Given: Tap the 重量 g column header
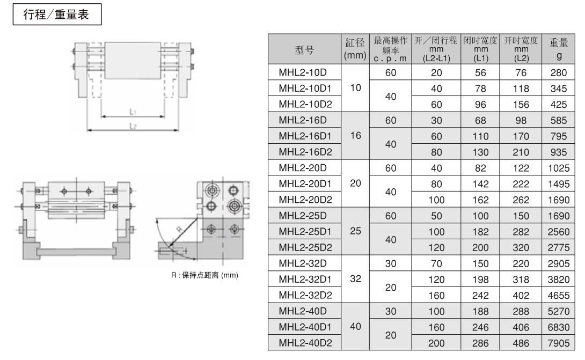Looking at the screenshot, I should click(556, 50).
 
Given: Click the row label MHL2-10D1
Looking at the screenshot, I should click(303, 87).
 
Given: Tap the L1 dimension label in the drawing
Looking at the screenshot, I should click(132, 112).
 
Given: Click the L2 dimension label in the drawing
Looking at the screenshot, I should click(132, 126).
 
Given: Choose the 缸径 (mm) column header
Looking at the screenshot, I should click(354, 50).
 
